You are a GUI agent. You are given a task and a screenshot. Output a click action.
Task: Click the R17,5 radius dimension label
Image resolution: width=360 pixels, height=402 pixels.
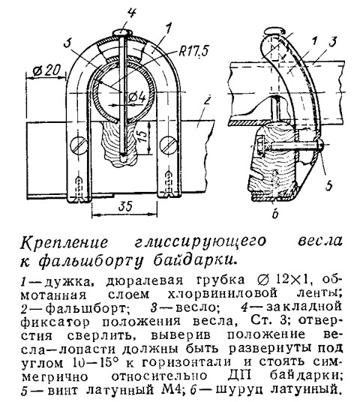click(193, 51)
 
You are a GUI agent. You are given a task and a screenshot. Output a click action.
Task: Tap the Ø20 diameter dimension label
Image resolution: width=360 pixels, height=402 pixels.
click(46, 70)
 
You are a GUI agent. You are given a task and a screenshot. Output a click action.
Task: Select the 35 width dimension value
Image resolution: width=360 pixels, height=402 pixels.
click(125, 205)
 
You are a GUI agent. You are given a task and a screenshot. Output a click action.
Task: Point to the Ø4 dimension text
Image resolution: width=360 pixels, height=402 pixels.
click(137, 97)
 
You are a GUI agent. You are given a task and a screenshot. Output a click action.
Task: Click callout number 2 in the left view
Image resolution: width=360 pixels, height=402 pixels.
click(208, 100)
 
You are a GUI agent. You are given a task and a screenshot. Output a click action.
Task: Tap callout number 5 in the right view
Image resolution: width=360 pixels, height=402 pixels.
click(328, 185)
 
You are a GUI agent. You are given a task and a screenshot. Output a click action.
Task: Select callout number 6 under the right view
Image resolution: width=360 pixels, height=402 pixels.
click(275, 214)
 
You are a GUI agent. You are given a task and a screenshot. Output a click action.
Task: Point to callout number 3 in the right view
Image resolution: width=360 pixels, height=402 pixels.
click(332, 42)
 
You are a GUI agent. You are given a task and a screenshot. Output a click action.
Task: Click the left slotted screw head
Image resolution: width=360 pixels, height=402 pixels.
click(78, 145)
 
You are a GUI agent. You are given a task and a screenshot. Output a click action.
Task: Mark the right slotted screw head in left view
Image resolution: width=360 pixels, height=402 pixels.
click(169, 144)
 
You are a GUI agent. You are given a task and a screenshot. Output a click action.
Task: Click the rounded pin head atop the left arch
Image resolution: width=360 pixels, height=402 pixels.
click(122, 33)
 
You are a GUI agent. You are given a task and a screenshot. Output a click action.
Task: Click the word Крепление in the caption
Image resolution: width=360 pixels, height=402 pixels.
click(64, 242)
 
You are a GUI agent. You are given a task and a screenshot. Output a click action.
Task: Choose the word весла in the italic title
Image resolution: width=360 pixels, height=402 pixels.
click(320, 241)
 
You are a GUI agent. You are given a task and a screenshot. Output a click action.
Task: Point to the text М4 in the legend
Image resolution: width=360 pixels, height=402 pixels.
click(171, 389)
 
